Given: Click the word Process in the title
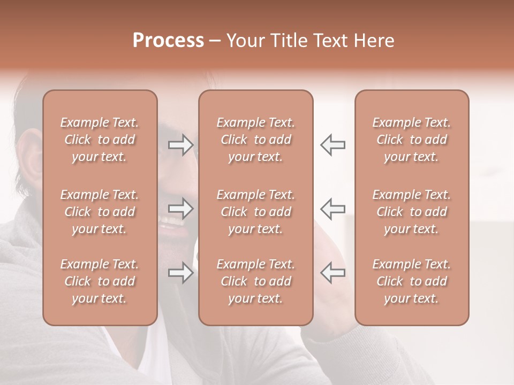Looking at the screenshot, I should [x=168, y=41].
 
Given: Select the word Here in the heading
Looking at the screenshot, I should [x=373, y=41].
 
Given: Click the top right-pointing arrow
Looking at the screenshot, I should [x=181, y=145].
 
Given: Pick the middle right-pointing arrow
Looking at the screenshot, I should [x=181, y=209].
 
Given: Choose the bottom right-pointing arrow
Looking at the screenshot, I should [x=181, y=273].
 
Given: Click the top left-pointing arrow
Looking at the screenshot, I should [x=333, y=145].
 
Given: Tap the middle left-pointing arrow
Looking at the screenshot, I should [x=333, y=209].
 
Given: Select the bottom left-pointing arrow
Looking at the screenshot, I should [x=333, y=273].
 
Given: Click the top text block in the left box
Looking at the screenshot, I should [x=100, y=140].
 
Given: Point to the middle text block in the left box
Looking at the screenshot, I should [x=100, y=212].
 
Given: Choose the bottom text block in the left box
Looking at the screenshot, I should [x=100, y=281].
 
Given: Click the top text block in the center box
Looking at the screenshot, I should [x=256, y=140].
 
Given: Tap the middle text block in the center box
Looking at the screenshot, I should [x=256, y=212].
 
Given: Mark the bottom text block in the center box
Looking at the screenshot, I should [x=256, y=281].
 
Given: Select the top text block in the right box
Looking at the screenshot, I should [x=412, y=140].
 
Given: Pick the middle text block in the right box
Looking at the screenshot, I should [x=412, y=212].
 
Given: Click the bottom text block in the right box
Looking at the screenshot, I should [x=412, y=281].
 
